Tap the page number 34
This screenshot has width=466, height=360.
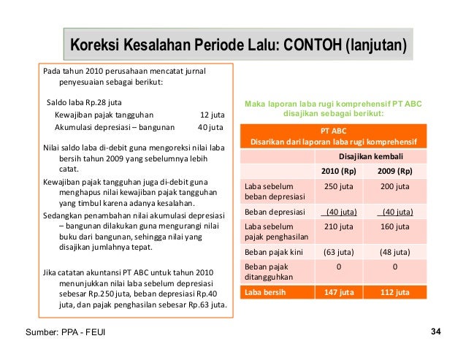tap(436, 332)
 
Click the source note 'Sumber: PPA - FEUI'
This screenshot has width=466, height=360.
tap(64, 334)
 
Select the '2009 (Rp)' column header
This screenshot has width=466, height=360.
tap(394, 171)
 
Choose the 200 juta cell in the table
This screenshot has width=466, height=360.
tap(394, 186)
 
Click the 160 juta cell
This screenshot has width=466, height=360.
tap(394, 226)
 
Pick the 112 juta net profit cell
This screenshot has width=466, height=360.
tap(394, 293)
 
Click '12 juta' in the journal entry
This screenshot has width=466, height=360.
tap(212, 115)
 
